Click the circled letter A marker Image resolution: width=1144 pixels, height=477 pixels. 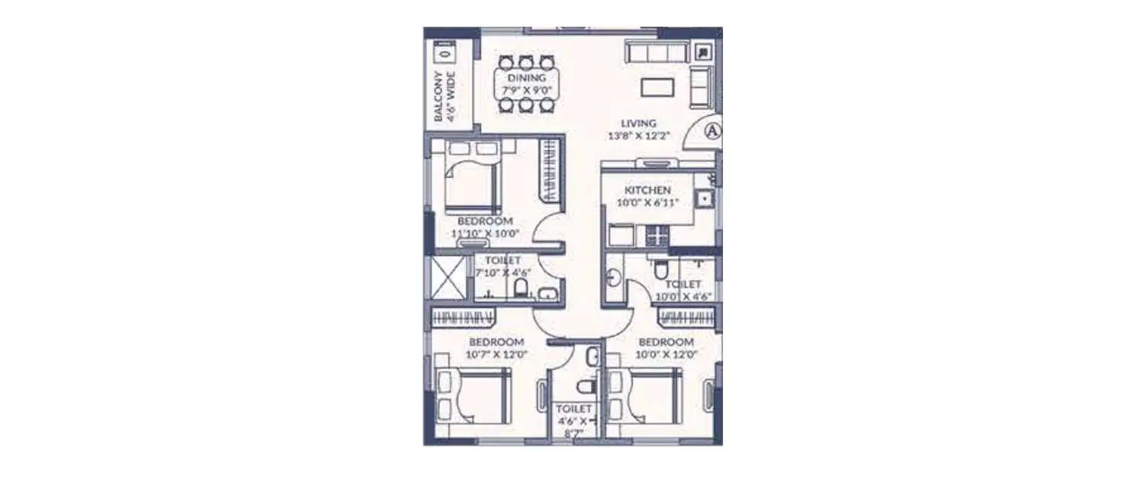coord(712,131)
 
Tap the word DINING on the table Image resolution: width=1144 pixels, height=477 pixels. coord(526,78)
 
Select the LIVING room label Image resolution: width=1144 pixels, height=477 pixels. coord(638,124)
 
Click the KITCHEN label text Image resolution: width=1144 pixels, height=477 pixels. coord(648,190)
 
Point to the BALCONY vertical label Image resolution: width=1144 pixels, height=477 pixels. coord(439,97)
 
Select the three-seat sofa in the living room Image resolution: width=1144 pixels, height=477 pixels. coord(658,52)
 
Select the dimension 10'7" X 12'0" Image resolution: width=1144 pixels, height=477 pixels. coord(496,354)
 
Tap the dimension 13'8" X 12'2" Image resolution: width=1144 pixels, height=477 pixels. coord(638,136)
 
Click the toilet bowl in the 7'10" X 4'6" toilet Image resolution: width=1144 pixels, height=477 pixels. coord(522,288)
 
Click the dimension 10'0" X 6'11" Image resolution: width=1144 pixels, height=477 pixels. coord(648,203)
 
